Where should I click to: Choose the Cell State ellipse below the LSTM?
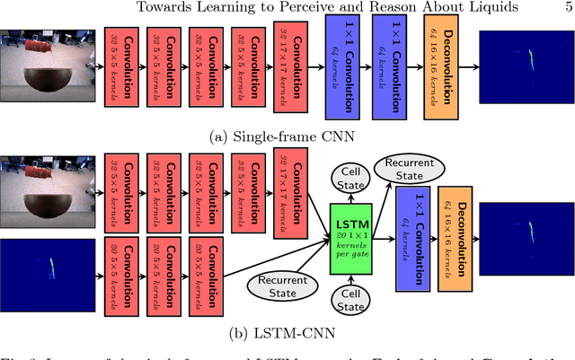[353, 301]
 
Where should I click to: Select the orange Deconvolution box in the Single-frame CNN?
[442, 65]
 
